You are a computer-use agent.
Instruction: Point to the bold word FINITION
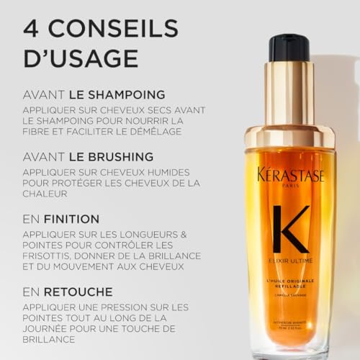click(70, 218)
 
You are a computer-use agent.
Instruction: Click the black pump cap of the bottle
click(289, 48)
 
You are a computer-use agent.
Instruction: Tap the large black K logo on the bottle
click(290, 229)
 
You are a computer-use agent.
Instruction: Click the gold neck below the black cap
click(289, 94)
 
